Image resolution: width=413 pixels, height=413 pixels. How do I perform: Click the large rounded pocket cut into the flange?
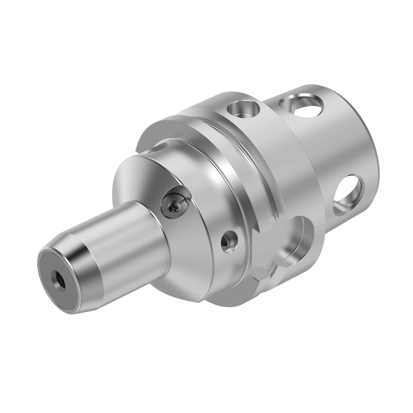click(x=298, y=239)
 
